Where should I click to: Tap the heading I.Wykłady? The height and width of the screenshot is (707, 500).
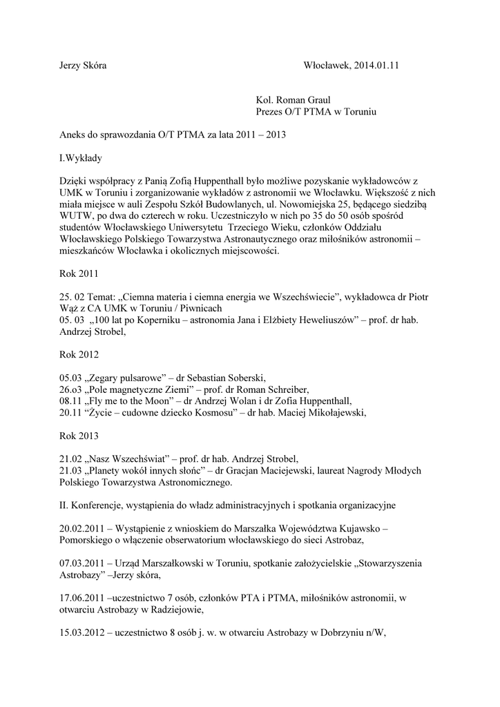tap(81, 157)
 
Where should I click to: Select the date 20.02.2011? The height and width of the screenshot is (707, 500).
tap(84, 527)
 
